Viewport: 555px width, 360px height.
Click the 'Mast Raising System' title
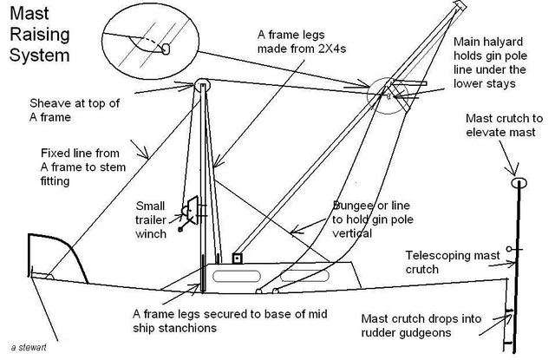(40, 35)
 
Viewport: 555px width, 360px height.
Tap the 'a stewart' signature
(29, 347)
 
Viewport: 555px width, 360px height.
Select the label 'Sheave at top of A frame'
(75, 110)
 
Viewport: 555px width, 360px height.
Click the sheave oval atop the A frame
(202, 85)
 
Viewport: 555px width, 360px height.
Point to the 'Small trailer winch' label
(151, 219)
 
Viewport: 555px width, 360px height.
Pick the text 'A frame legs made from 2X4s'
(302, 42)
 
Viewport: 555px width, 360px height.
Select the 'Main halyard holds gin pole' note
(490, 62)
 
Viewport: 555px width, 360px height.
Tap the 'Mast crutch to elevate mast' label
(504, 125)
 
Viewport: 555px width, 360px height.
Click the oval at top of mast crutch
(519, 183)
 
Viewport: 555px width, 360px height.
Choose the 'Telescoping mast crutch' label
(453, 262)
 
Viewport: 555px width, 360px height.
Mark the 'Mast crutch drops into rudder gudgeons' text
(421, 325)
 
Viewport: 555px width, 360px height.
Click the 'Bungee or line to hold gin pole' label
(373, 219)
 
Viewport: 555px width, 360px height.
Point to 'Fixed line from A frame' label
(83, 167)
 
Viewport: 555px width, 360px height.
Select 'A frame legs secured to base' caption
(230, 321)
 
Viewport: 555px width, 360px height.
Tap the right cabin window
(304, 276)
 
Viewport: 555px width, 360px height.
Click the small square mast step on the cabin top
(237, 259)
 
